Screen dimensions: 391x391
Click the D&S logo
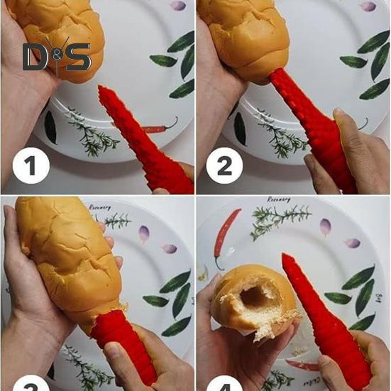coord(57,57)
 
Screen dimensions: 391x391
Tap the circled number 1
coord(30,168)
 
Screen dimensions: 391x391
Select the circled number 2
coord(224,168)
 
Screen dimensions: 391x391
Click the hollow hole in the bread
coord(255,292)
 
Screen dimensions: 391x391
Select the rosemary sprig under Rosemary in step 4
coord(280,219)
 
